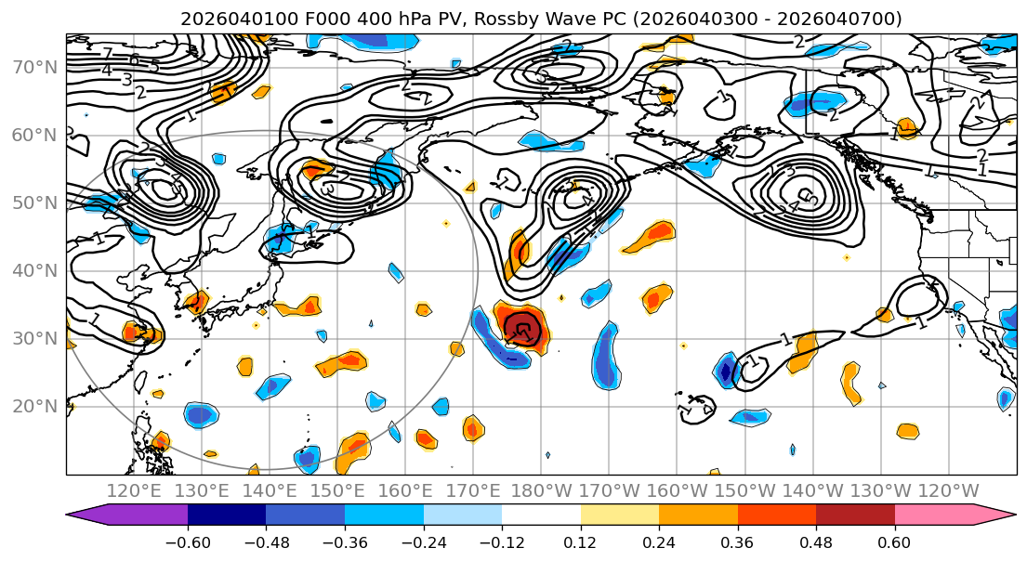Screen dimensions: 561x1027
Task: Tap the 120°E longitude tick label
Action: (134, 490)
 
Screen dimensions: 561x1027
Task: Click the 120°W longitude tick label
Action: (948, 490)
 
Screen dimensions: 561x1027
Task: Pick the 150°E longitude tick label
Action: (337, 490)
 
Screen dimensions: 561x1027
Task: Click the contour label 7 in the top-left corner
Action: (108, 54)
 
